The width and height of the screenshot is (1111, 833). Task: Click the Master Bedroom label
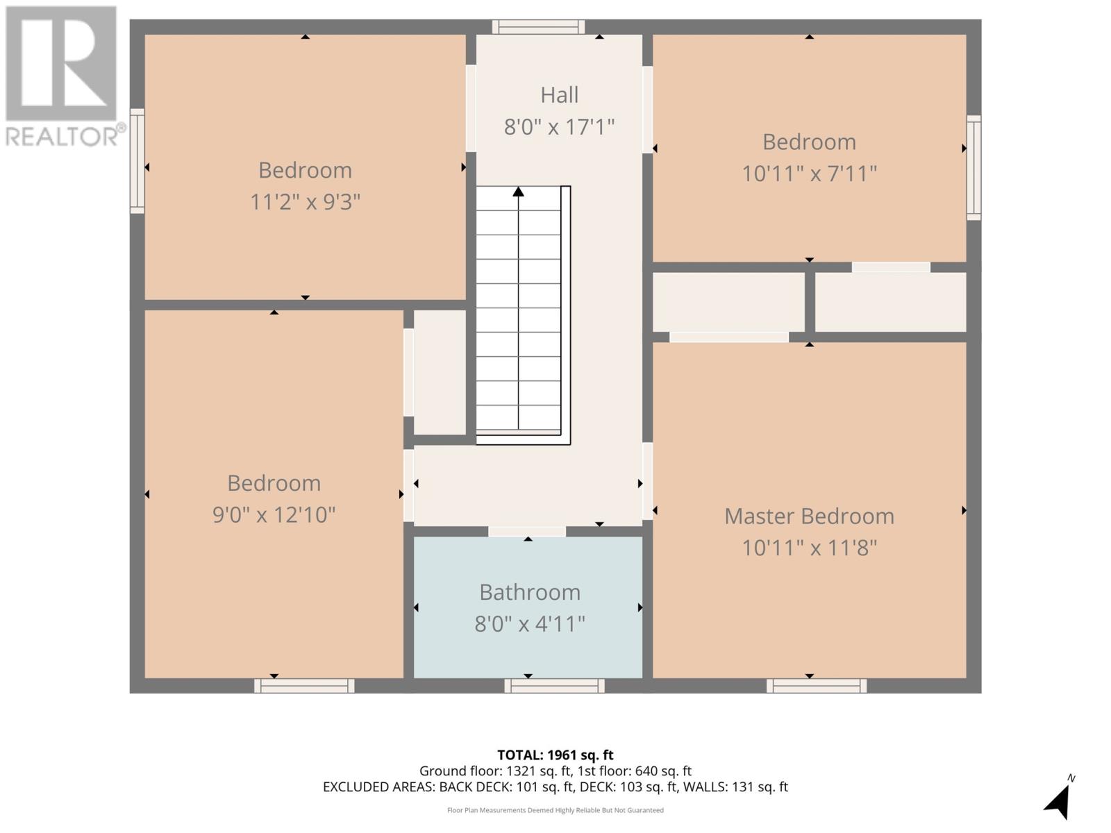(x=809, y=516)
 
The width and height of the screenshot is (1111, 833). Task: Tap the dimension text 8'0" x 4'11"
(x=530, y=623)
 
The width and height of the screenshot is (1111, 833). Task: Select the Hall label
(x=559, y=95)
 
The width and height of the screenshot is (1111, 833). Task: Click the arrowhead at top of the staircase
(x=518, y=192)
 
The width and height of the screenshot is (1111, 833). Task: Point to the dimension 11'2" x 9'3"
(x=305, y=202)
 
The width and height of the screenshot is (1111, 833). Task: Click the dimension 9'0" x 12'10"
(x=274, y=514)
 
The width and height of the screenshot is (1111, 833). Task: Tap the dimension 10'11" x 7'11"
(x=809, y=173)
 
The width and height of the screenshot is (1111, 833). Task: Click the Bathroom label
(x=530, y=592)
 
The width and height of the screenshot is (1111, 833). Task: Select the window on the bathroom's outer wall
(x=554, y=686)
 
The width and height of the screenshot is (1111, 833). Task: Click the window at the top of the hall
(x=538, y=27)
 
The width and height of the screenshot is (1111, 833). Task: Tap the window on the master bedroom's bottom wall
(x=817, y=686)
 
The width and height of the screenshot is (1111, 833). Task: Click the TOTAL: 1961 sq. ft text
(x=555, y=755)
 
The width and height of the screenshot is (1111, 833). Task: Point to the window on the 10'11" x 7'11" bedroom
(x=974, y=167)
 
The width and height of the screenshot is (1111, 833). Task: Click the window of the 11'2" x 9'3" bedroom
(x=137, y=160)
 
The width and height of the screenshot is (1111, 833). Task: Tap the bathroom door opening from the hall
(x=527, y=532)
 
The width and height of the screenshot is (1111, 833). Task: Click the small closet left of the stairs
(x=440, y=372)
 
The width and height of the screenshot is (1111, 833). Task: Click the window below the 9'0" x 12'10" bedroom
(x=304, y=686)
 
